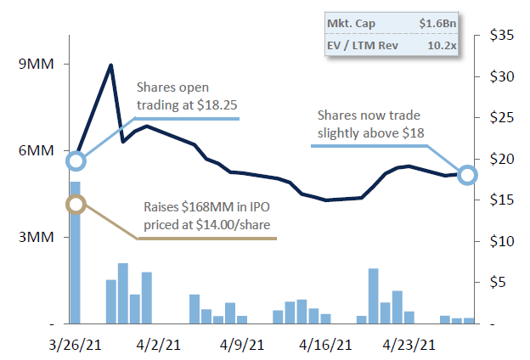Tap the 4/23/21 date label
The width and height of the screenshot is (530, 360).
click(412, 345)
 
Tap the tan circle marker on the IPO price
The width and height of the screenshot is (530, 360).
click(76, 204)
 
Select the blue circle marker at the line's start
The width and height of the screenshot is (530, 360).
click(76, 160)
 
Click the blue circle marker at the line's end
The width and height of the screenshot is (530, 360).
click(467, 175)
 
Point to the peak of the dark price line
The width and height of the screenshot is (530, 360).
click(111, 65)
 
